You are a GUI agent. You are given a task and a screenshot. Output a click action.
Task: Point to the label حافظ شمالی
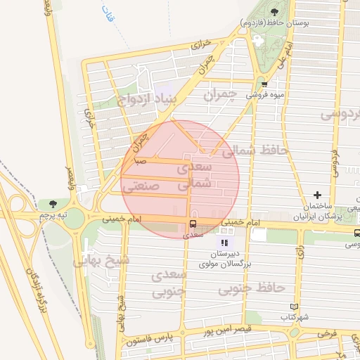245,150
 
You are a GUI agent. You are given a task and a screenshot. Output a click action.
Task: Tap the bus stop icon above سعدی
191,225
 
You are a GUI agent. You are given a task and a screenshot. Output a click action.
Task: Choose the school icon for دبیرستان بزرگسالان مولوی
225,243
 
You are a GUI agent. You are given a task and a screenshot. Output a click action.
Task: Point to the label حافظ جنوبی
251,288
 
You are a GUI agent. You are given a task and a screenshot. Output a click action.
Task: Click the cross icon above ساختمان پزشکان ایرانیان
318,195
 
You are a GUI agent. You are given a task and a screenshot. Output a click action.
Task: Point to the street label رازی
300,253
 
